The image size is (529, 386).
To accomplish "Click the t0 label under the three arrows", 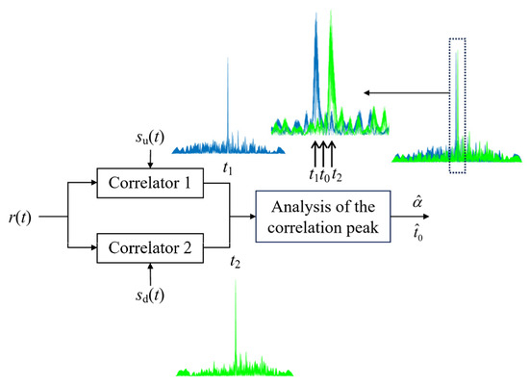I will point(326,175).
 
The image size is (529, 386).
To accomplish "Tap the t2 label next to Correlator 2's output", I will point(236,260).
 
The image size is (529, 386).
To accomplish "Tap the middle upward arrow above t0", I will point(325,153).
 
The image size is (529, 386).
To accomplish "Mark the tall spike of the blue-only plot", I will point(227,96).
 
